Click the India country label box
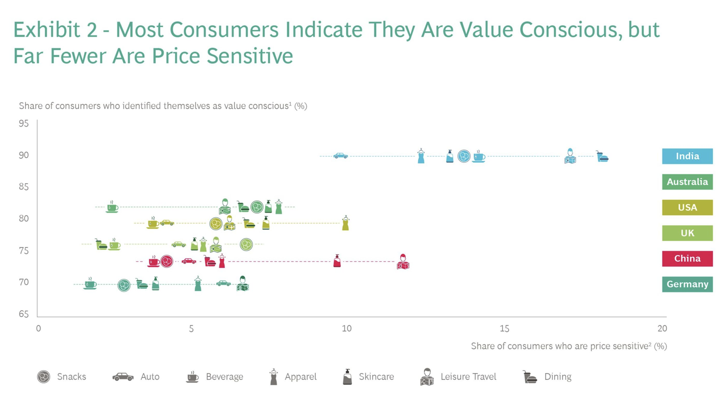(x=687, y=156)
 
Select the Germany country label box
(x=687, y=284)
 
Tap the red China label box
(x=687, y=259)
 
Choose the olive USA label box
(x=687, y=208)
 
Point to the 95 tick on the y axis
(x=24, y=124)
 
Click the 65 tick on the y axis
(x=24, y=314)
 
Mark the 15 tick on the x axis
(x=504, y=329)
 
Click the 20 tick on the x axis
(x=662, y=329)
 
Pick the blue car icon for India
(x=340, y=156)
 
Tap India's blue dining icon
(x=602, y=157)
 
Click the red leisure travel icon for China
(x=403, y=262)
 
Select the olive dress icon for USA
(x=345, y=223)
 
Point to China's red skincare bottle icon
(x=337, y=261)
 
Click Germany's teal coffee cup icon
(x=90, y=284)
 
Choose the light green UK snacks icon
(x=246, y=244)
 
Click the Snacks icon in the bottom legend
(x=43, y=377)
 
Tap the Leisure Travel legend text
(x=468, y=377)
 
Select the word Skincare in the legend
(x=376, y=377)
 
